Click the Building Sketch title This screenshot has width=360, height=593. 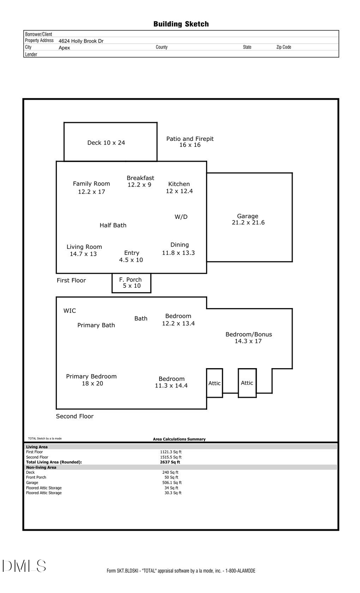tap(181, 24)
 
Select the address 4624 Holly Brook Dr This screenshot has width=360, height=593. tap(81, 41)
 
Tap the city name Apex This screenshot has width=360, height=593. tap(64, 48)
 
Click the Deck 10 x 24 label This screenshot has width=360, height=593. tap(106, 142)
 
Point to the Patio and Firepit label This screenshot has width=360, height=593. tap(190, 142)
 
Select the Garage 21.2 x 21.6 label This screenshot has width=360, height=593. tap(248, 219)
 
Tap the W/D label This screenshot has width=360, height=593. tap(181, 217)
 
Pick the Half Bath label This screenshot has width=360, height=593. tap(113, 225)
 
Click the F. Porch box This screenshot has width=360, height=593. tap(132, 283)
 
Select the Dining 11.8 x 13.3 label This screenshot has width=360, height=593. tap(178, 248)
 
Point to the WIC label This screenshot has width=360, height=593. tap(70, 311)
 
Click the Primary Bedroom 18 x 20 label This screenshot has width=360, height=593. tap(92, 380)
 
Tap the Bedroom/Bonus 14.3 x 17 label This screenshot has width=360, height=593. tap(248, 337)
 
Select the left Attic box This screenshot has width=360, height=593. tap(214, 383)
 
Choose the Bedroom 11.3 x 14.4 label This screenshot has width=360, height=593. tap(171, 382)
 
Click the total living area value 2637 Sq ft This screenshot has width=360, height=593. tap(170, 462)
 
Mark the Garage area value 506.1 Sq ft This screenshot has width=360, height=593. tap(172, 483)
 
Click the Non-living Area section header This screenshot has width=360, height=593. tap(41, 467)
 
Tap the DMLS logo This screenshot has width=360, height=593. tap(24, 566)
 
